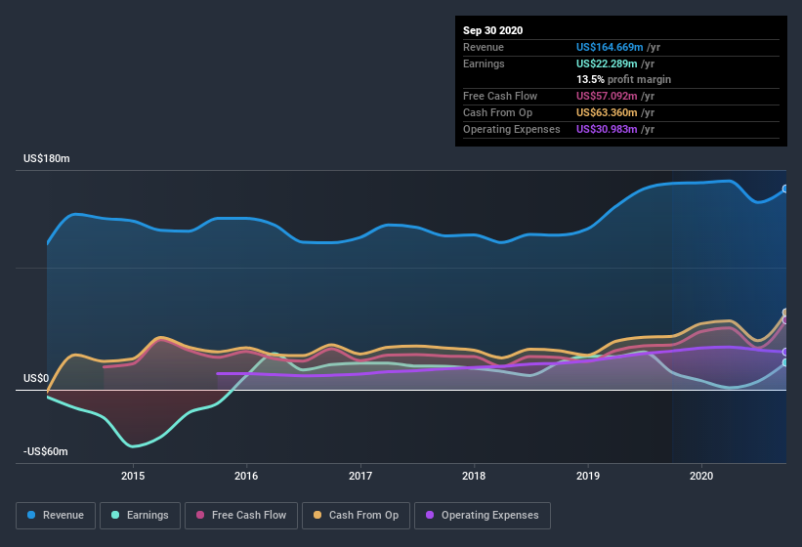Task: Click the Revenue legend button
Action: point(57,515)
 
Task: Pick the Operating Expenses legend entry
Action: point(482,515)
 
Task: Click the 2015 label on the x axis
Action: point(133,476)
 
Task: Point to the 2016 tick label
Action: point(246,476)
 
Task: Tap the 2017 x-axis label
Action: point(360,476)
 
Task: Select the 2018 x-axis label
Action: point(474,476)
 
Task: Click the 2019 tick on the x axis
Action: point(588,476)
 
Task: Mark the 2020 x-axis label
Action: point(701,476)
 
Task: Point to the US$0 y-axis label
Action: point(36,378)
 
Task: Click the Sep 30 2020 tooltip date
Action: point(493,30)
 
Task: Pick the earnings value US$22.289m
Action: point(606,63)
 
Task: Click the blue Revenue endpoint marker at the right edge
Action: point(785,189)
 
